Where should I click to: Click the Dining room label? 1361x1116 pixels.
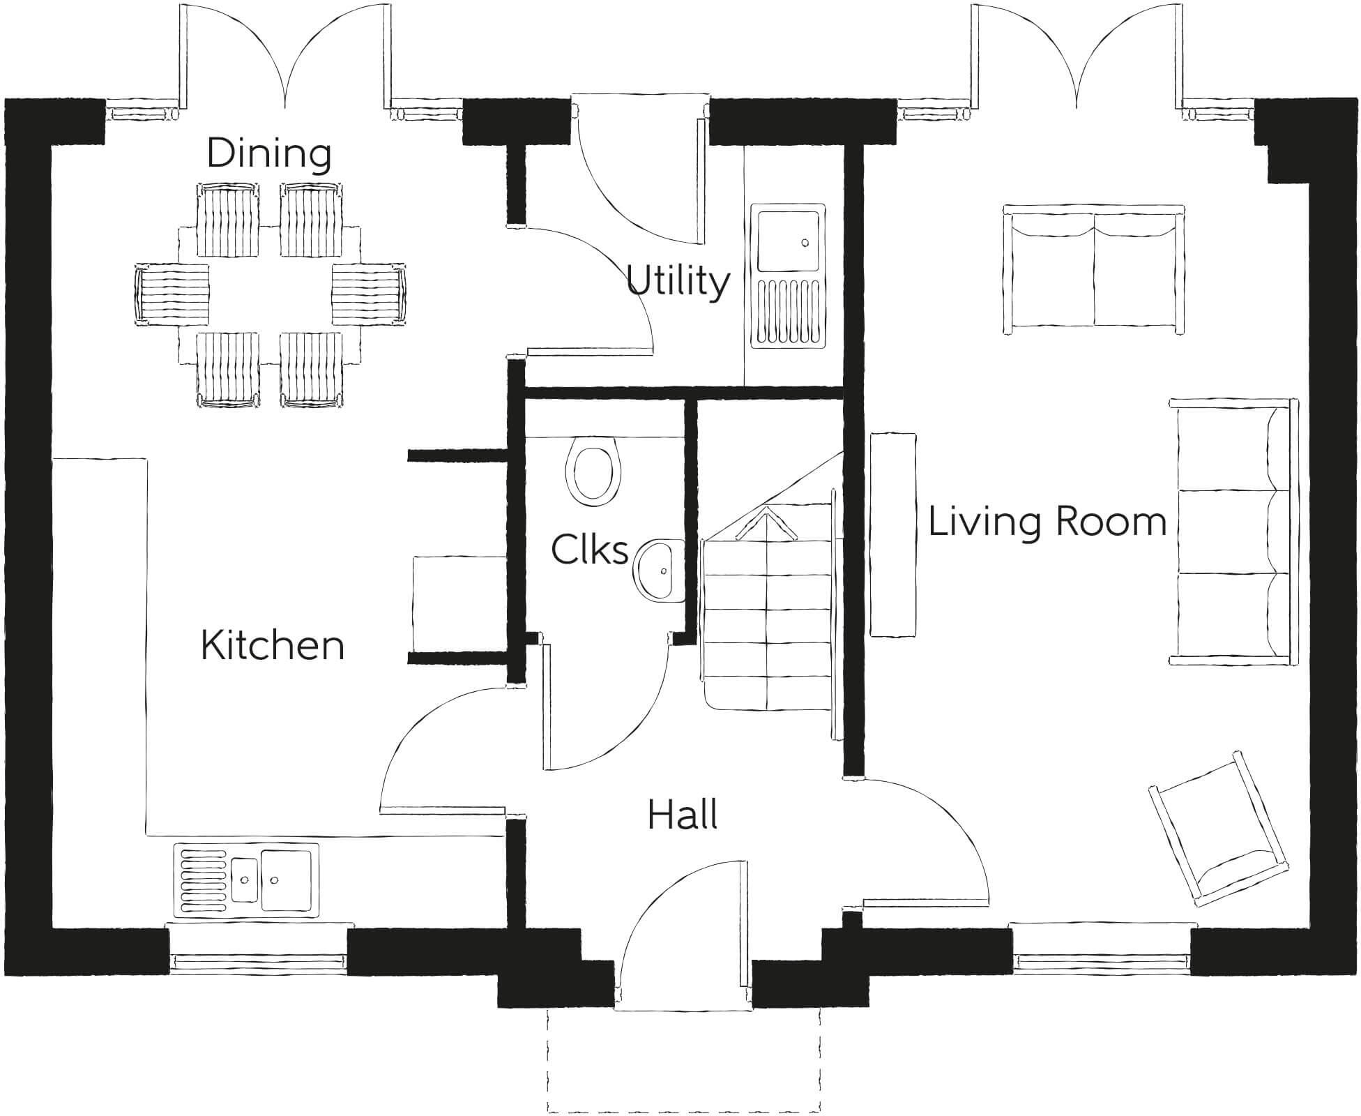[x=268, y=153]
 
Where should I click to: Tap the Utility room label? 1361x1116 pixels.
[x=678, y=280]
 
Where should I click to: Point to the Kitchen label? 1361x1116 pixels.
[x=273, y=645]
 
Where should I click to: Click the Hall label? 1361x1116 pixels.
[x=683, y=814]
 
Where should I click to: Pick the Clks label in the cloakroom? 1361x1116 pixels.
[x=589, y=550]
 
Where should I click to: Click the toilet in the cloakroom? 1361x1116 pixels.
[x=592, y=469]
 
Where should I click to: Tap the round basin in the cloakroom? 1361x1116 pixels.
[x=657, y=571]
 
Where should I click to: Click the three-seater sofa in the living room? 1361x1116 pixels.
[x=1233, y=531]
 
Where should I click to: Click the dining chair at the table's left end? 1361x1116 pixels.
[x=172, y=293]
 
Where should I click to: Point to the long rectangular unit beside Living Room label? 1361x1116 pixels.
[x=892, y=534]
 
